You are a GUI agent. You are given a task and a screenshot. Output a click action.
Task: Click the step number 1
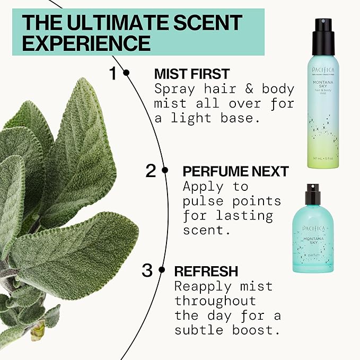[x=112, y=73]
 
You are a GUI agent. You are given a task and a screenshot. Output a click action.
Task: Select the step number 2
[x=151, y=171]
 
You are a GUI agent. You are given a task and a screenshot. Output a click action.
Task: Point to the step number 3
[x=147, y=270]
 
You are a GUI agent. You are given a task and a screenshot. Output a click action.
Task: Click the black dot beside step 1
[x=126, y=73]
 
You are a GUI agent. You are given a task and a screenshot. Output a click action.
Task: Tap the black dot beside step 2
[x=165, y=171]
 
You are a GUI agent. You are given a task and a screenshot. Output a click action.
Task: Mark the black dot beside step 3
[x=162, y=270]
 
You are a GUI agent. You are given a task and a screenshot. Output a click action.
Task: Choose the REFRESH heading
[x=206, y=271]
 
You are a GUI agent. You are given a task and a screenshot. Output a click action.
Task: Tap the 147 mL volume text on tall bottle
[x=316, y=158]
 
